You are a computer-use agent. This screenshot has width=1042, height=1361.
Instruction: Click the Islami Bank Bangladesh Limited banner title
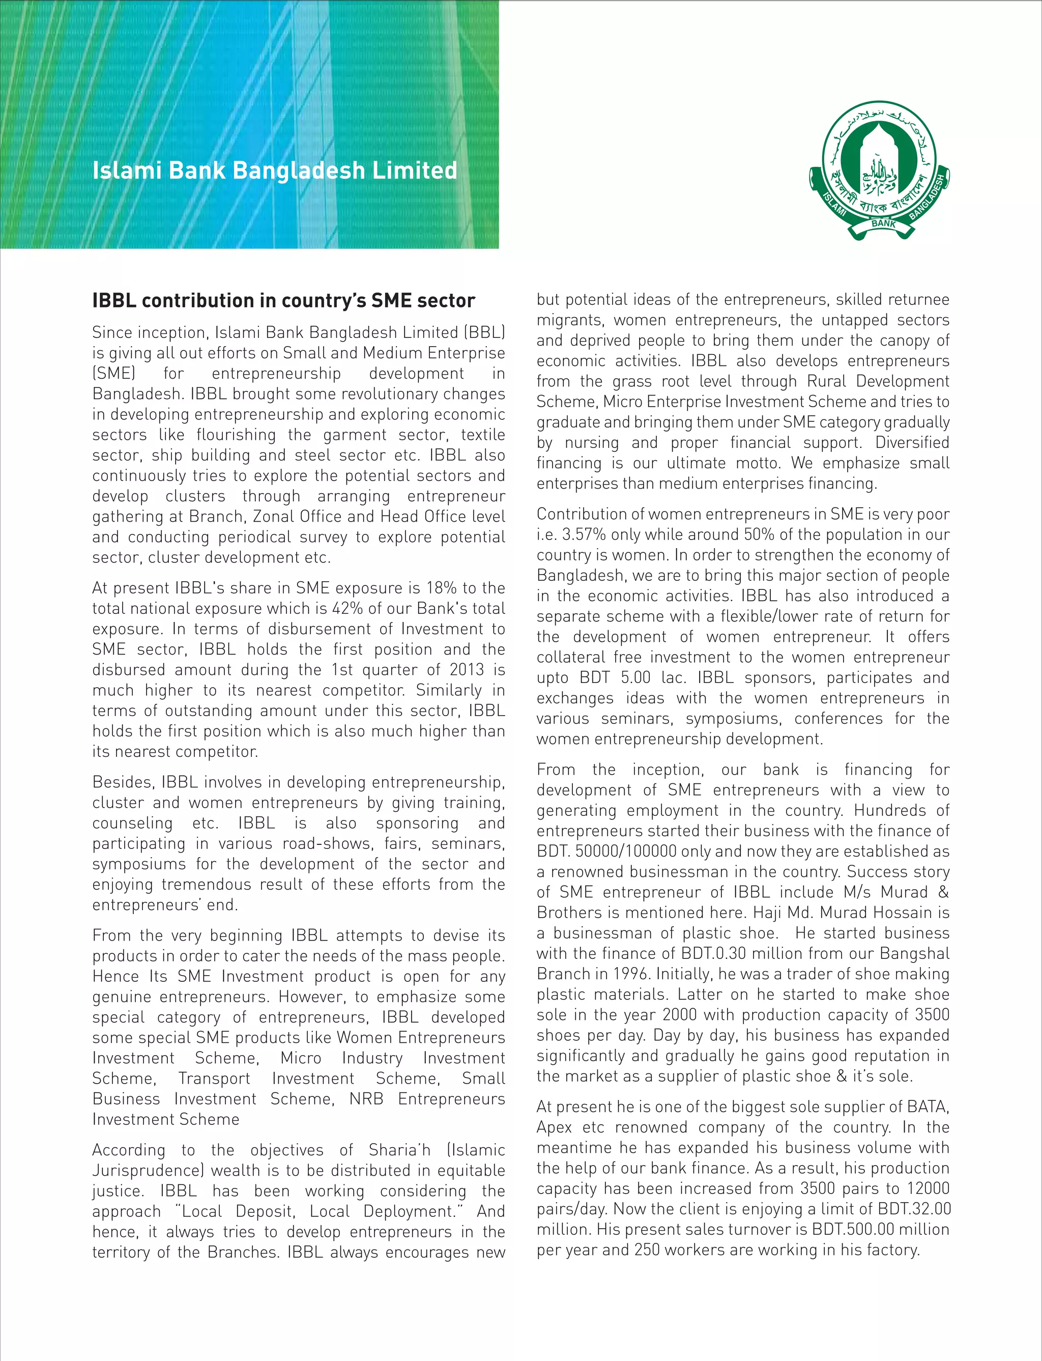(275, 170)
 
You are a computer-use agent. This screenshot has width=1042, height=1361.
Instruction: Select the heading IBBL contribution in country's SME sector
(283, 301)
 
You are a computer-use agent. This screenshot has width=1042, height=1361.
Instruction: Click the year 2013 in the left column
(467, 669)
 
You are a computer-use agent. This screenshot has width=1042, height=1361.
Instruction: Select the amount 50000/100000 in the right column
(625, 851)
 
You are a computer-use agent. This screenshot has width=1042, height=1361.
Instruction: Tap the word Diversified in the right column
(912, 442)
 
